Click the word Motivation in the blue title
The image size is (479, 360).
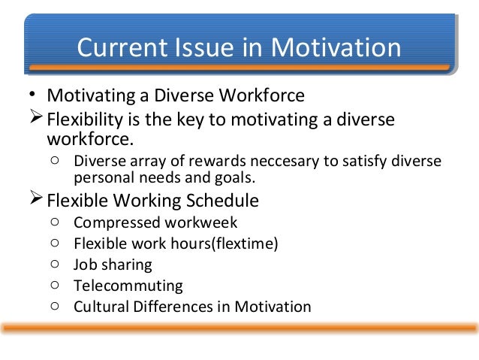pyautogui.click(x=336, y=47)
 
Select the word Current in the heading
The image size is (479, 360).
pyautogui.click(x=122, y=47)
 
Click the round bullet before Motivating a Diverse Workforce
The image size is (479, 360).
pyautogui.click(x=32, y=94)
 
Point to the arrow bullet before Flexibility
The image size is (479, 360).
pyautogui.click(x=36, y=116)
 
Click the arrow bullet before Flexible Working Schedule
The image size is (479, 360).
pyautogui.click(x=36, y=198)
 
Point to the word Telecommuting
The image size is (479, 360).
pyautogui.click(x=128, y=286)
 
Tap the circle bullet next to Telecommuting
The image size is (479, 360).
pyautogui.click(x=55, y=285)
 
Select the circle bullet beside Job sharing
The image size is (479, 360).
pyautogui.click(x=55, y=264)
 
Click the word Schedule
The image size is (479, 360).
pyautogui.click(x=222, y=201)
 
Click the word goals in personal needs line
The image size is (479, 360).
pyautogui.click(x=235, y=178)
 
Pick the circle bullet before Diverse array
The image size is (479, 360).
pyautogui.click(x=55, y=160)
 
